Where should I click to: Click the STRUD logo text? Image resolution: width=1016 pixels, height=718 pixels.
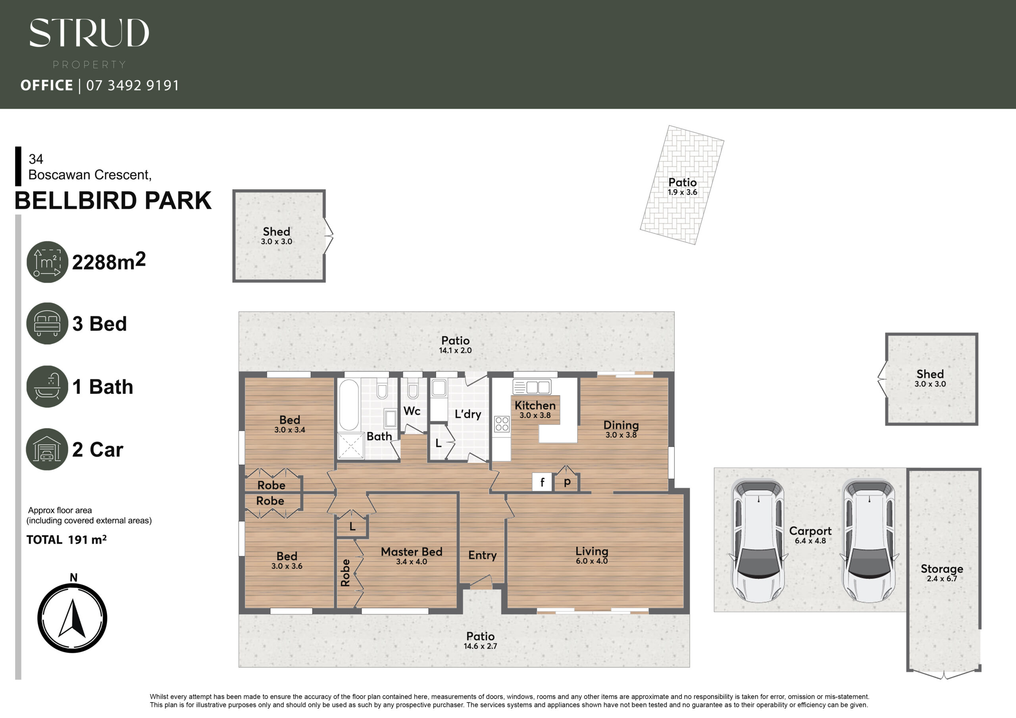pyautogui.click(x=89, y=33)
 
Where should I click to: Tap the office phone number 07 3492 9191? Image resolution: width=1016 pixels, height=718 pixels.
pyautogui.click(x=133, y=85)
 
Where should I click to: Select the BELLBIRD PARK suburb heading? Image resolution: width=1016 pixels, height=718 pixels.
pyautogui.click(x=113, y=200)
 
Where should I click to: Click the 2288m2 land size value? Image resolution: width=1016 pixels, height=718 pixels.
pyautogui.click(x=109, y=261)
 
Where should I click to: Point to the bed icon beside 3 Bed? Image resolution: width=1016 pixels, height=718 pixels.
pyautogui.click(x=47, y=323)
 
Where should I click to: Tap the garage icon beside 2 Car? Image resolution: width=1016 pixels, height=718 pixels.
pyautogui.click(x=47, y=449)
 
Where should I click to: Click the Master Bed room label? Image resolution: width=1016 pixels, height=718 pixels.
pyautogui.click(x=412, y=552)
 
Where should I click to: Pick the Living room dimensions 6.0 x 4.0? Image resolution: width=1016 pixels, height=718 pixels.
pyautogui.click(x=592, y=561)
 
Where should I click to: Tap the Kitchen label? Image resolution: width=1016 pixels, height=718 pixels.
pyautogui.click(x=535, y=405)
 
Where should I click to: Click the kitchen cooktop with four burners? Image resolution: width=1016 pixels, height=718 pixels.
pyautogui.click(x=502, y=423)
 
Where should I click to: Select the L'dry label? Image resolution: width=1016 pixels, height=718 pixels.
pyautogui.click(x=468, y=414)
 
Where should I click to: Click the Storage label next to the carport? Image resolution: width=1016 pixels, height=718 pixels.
pyautogui.click(x=942, y=569)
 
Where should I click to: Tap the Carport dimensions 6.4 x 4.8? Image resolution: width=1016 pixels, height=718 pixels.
pyautogui.click(x=810, y=541)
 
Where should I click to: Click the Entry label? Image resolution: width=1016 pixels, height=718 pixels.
pyautogui.click(x=482, y=555)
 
